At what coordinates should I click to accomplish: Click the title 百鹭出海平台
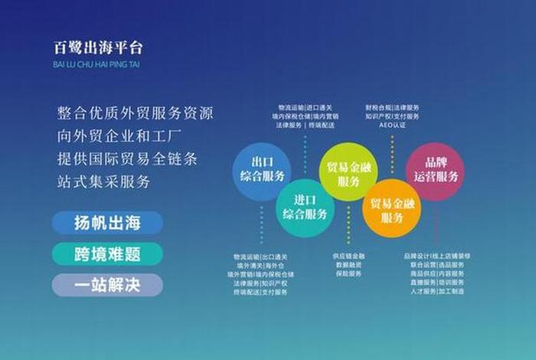click(x=98, y=47)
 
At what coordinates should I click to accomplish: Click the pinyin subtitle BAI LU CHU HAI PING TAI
click(x=96, y=64)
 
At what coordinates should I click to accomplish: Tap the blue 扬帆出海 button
click(x=108, y=223)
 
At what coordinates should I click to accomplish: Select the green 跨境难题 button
click(x=108, y=254)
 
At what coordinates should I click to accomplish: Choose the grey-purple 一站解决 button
click(x=108, y=285)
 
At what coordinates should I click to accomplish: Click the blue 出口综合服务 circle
click(x=260, y=172)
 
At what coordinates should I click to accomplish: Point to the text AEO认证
click(x=392, y=125)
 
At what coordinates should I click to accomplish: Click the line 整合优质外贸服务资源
click(x=136, y=113)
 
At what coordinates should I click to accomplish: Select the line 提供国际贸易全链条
click(x=126, y=159)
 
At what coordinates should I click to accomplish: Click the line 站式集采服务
click(x=103, y=182)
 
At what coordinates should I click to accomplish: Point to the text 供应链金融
click(x=349, y=256)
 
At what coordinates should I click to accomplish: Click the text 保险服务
click(x=349, y=273)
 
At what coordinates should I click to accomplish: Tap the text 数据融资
click(x=349, y=265)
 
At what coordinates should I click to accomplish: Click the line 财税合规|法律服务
click(x=392, y=108)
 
